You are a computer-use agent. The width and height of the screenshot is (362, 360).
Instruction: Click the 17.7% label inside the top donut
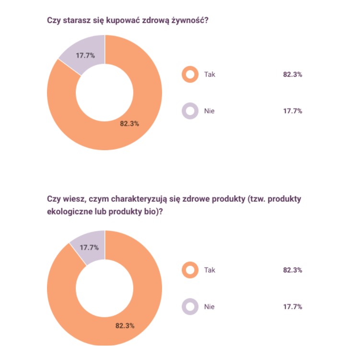tap(85, 55)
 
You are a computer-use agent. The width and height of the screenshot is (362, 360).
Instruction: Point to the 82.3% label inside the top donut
tap(129, 123)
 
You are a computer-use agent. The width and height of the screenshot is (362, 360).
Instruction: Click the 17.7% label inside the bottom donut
tap(89, 248)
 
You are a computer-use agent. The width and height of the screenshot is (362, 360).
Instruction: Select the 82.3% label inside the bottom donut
tap(125, 325)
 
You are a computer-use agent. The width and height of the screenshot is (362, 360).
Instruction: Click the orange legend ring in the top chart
tap(190, 75)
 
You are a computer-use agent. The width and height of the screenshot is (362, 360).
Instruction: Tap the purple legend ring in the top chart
tap(190, 111)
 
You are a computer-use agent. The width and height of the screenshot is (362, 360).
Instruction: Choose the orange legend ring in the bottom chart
tap(190, 270)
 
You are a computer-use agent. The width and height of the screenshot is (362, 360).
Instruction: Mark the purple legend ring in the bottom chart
tap(190, 306)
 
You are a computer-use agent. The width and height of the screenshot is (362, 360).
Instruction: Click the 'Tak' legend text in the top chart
tap(210, 75)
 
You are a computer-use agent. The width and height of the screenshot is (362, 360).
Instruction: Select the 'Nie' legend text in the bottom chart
tap(209, 306)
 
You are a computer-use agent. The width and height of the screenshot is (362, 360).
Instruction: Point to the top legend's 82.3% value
tap(292, 75)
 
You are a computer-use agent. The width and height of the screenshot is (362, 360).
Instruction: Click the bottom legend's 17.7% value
tap(292, 306)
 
